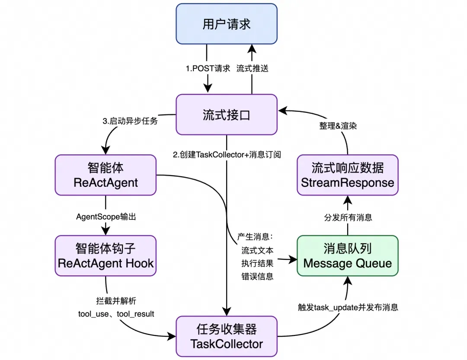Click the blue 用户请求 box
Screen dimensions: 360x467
click(227, 23)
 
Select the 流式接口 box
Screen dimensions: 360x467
click(227, 115)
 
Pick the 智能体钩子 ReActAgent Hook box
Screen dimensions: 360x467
click(106, 255)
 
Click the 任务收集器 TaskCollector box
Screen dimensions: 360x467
click(227, 336)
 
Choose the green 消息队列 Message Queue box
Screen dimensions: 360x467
click(348, 255)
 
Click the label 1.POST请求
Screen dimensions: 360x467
click(208, 68)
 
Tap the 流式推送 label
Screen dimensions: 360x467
click(253, 68)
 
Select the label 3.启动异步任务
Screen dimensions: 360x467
click(130, 121)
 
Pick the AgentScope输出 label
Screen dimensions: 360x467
click(106, 217)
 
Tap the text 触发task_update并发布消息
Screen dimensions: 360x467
click(348, 308)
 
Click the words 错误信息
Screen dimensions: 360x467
click(257, 277)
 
